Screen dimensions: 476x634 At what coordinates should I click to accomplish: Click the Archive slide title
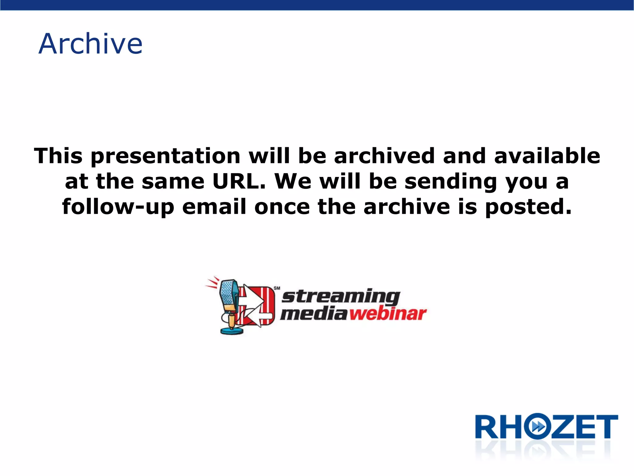[90, 44]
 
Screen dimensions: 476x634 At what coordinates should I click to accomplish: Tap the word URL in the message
[239, 181]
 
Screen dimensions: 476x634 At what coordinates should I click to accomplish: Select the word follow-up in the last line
[118, 207]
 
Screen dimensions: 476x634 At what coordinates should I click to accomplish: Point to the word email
[214, 207]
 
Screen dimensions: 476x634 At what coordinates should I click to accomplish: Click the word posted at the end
[528, 207]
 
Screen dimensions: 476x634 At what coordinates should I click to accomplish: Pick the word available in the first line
[547, 156]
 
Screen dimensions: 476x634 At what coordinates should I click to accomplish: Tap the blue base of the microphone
[232, 331]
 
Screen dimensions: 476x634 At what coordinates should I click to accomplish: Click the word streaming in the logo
[341, 297]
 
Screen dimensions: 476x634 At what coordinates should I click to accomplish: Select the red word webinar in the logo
[388, 314]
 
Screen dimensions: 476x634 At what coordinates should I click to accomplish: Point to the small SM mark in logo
[277, 288]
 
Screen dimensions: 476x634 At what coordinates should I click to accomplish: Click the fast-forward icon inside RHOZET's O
[539, 427]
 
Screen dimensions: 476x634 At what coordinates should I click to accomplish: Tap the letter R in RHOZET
[487, 427]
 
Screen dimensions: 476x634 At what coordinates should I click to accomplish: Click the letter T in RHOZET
[607, 427]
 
